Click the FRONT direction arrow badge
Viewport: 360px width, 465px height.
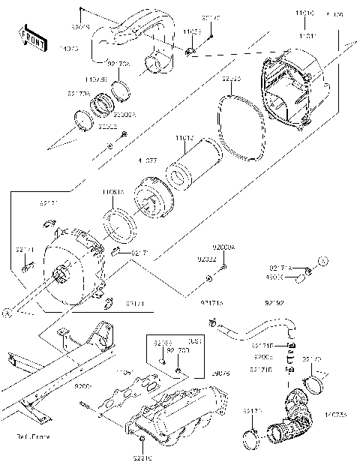(x=31, y=35)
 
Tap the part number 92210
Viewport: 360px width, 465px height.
(x=142, y=457)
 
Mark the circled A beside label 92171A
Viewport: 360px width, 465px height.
(x=323, y=261)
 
